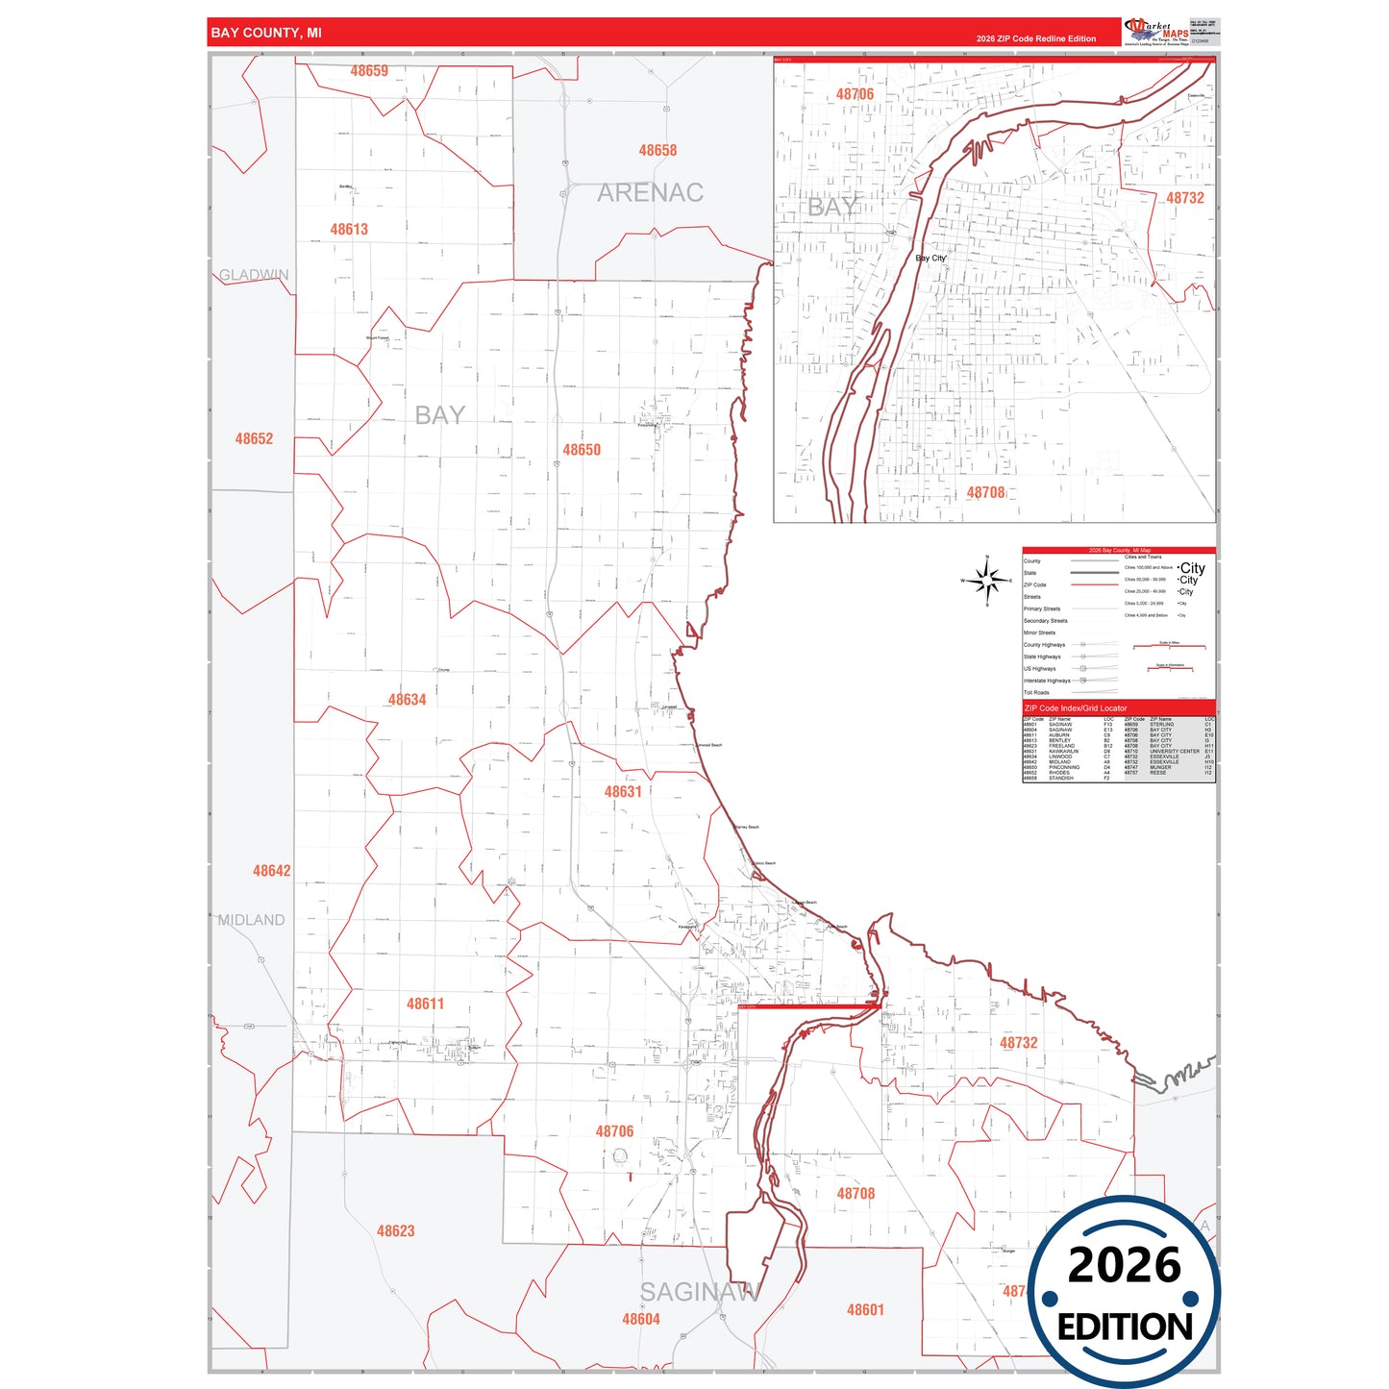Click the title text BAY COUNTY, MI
click(x=266, y=33)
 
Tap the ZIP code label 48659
click(x=369, y=71)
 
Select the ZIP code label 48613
click(x=349, y=230)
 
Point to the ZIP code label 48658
click(x=657, y=151)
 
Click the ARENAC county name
click(x=650, y=193)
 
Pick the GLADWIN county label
click(x=254, y=275)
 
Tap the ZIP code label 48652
click(x=254, y=439)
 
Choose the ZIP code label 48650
click(x=582, y=450)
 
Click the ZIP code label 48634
click(x=407, y=700)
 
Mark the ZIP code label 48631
click(x=623, y=792)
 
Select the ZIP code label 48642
click(x=271, y=871)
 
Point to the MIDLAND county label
click(x=251, y=920)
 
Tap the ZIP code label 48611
click(x=425, y=1004)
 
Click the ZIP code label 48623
click(x=395, y=1231)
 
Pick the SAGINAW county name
click(x=700, y=1292)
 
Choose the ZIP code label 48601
click(x=865, y=1310)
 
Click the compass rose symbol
click(x=987, y=581)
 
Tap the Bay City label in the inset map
click(x=930, y=259)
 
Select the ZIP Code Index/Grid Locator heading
click(x=1076, y=708)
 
